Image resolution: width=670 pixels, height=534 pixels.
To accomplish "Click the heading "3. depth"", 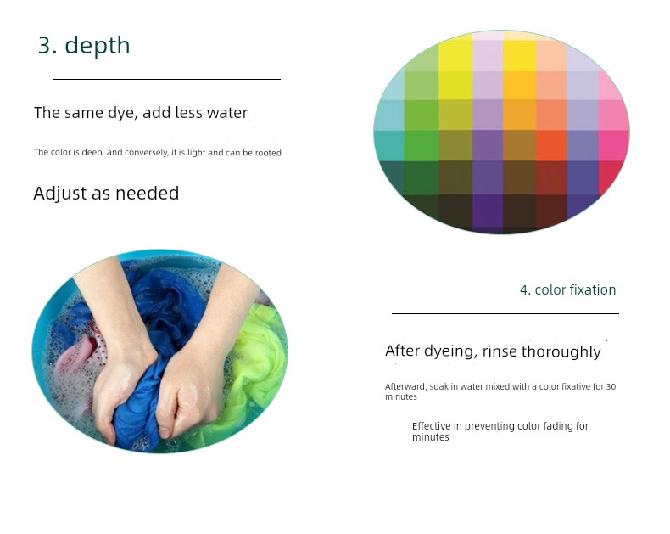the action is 84,45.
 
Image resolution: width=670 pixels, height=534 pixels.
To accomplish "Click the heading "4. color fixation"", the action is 568,290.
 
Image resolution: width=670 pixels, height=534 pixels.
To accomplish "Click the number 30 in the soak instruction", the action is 611,387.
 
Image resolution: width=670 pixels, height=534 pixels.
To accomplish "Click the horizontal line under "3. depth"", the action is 167,79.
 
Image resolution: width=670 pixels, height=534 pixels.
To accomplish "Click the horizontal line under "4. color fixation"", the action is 505,313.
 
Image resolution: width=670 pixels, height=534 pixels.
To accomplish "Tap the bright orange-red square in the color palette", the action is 551,145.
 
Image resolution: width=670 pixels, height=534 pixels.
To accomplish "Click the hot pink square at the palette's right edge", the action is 613,145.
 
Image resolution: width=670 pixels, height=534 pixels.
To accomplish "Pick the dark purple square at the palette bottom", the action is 488,211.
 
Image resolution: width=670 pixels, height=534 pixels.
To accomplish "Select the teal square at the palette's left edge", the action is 389,145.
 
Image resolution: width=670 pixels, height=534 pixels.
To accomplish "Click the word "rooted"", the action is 268,153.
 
